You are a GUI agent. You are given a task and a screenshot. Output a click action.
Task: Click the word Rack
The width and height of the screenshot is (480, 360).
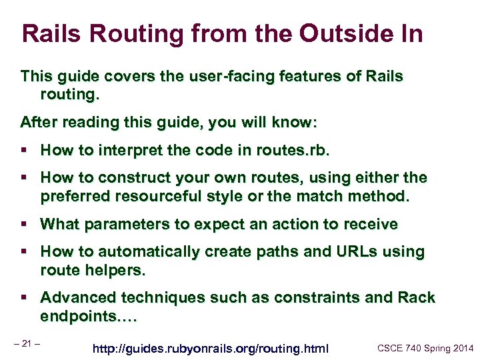click(416, 298)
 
